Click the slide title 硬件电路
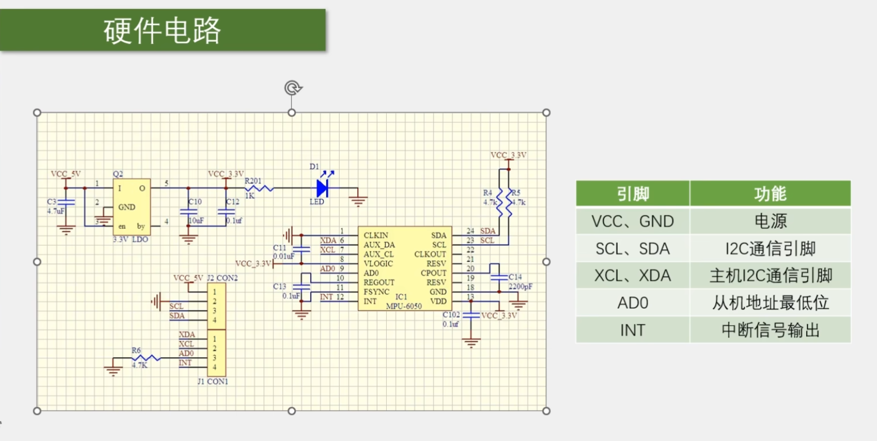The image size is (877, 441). pos(162,30)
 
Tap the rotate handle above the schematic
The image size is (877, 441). pos(293,88)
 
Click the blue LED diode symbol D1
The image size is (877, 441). pos(323,188)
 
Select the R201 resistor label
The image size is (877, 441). pos(253,181)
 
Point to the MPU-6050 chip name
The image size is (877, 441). pos(404,306)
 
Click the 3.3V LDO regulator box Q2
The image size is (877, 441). pos(132,207)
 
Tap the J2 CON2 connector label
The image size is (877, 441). pos(222,278)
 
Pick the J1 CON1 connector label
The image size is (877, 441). pos(213,381)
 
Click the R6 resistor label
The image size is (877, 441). pos(136,350)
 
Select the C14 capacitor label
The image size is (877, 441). pos(515,277)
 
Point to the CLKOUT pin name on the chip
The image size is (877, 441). pos(430,254)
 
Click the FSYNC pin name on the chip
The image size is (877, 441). pos(376,292)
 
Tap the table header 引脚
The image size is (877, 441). pos(632,194)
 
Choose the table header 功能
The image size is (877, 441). pos(770,194)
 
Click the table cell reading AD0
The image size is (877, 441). pos(632,303)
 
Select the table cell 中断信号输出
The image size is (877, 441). pos(771,330)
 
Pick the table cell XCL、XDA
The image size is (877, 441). pos(632,276)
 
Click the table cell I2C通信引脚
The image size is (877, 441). pos(771,249)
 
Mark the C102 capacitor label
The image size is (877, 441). pos(451,315)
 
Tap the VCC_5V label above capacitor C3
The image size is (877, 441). pos(65,174)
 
